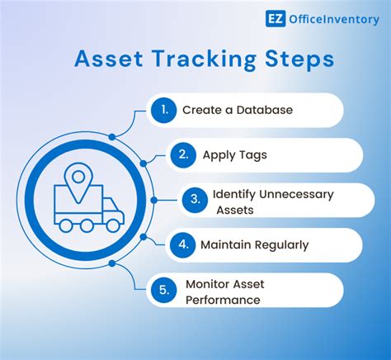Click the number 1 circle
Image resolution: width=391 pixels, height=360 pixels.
click(163, 110)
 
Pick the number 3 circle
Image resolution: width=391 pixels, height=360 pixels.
click(193, 200)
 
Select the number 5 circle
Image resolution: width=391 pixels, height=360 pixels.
click(163, 290)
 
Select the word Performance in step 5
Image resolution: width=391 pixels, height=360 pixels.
click(222, 299)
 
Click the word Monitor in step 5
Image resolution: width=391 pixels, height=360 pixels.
click(210, 284)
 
